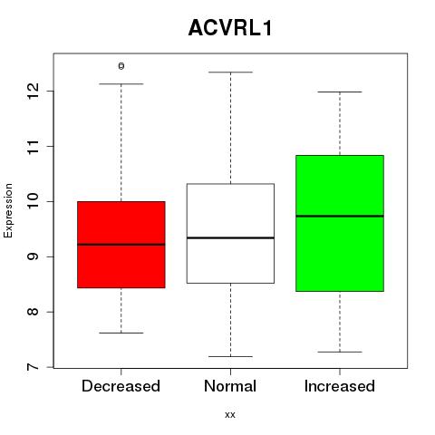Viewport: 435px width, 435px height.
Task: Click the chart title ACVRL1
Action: pos(230,28)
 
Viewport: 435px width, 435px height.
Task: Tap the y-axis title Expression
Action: pos(8,210)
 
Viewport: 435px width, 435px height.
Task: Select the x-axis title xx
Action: pos(230,414)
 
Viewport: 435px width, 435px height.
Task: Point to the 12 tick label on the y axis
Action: pos(34,91)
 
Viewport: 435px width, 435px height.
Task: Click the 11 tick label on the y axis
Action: pos(34,147)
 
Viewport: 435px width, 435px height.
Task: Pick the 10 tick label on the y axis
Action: pos(34,201)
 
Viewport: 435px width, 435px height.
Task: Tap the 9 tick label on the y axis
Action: pos(34,256)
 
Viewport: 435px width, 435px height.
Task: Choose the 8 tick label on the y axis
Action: pos(34,312)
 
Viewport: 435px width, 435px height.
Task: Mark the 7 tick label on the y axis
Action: pos(34,367)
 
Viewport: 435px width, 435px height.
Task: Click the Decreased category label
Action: pos(121,386)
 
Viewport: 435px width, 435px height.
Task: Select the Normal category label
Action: pos(230,386)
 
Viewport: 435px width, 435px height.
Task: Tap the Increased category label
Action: pos(340,386)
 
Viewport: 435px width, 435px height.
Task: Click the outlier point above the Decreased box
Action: pos(121,66)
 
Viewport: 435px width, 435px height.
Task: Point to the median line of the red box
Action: pos(121,245)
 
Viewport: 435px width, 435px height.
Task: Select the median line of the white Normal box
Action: pos(230,238)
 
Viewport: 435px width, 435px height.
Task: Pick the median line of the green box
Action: pos(340,216)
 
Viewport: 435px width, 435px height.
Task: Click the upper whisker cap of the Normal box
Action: pos(230,72)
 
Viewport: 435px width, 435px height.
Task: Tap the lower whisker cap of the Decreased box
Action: pos(121,333)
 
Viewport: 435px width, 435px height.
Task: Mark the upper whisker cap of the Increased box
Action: pos(340,92)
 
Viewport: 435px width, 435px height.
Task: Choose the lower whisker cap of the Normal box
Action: pos(230,356)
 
